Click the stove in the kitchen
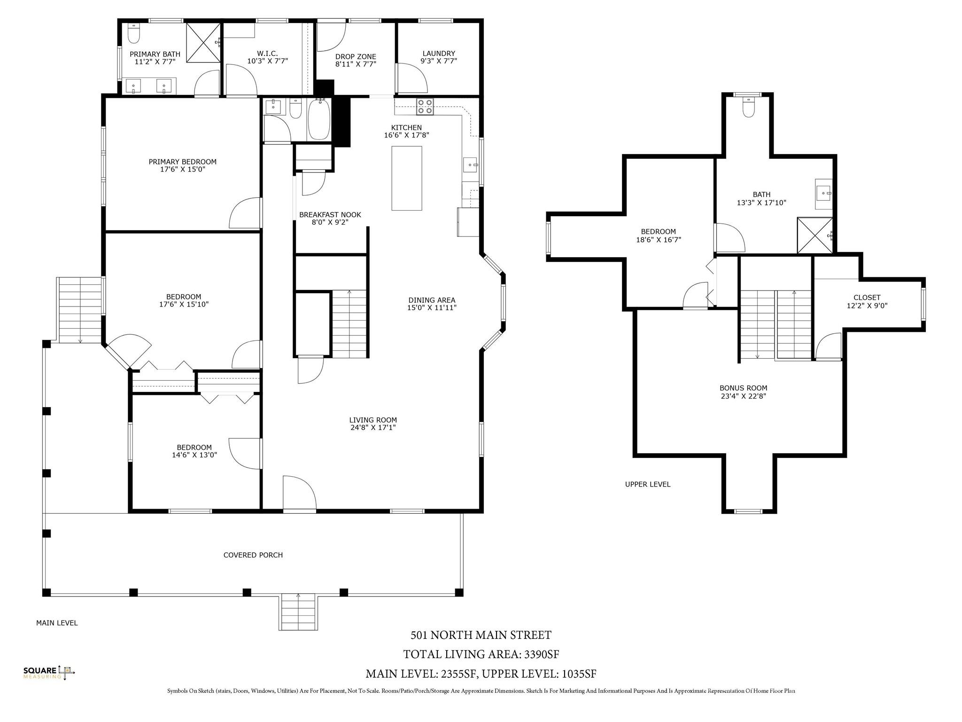click(x=426, y=107)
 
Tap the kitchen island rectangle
click(x=407, y=178)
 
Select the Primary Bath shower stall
click(x=203, y=42)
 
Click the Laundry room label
click(x=439, y=54)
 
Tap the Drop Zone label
click(x=356, y=57)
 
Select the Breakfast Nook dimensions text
click(x=330, y=222)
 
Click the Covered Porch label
click(x=253, y=555)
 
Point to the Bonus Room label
click(x=744, y=388)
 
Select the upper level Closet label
click(x=867, y=298)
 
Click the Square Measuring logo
click(x=49, y=673)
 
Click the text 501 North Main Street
click(x=481, y=635)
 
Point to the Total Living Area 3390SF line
click(x=481, y=654)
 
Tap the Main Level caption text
click(x=57, y=623)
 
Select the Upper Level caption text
click(x=648, y=484)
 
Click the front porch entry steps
click(x=298, y=612)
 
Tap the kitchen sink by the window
click(x=471, y=165)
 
